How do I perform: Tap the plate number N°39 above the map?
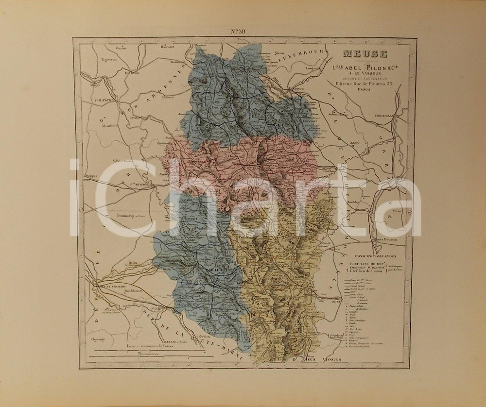click(x=238, y=33)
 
